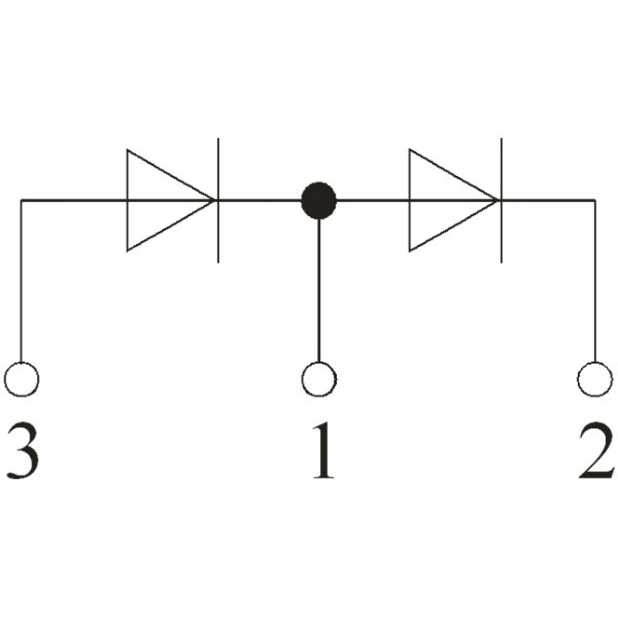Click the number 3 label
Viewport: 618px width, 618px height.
pyautogui.click(x=23, y=450)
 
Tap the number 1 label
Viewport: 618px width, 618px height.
pyautogui.click(x=323, y=450)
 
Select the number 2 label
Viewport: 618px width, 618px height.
pyautogui.click(x=595, y=450)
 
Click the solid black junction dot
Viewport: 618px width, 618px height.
pyautogui.click(x=319, y=200)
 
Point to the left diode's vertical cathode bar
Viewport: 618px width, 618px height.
pyautogui.click(x=218, y=200)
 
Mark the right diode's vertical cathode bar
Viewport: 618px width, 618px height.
pyautogui.click(x=501, y=200)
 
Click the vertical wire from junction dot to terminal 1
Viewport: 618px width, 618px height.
pyautogui.click(x=319, y=290)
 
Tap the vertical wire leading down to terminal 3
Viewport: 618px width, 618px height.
pyautogui.click(x=22, y=281)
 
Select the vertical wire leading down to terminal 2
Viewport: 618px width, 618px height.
pyautogui.click(x=595, y=281)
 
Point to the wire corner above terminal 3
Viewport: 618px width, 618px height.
pyautogui.click(x=22, y=201)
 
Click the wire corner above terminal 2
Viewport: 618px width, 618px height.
pyautogui.click(x=595, y=201)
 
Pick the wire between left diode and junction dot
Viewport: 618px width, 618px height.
pyautogui.click(x=260, y=200)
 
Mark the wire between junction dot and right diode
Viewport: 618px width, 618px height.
pyautogui.click(x=373, y=200)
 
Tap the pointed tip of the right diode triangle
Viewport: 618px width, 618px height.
pyautogui.click(x=497, y=200)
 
